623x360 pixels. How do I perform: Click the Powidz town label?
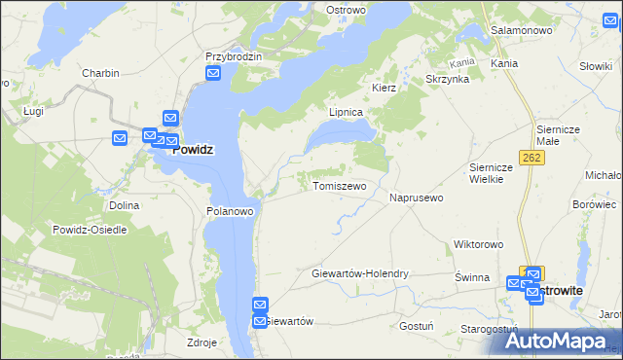click(x=193, y=150)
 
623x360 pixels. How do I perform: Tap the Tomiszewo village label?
click(x=339, y=186)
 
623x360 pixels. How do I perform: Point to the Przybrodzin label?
click(x=235, y=57)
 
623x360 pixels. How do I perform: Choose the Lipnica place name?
click(x=346, y=112)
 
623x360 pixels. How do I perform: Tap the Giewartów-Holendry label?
click(x=360, y=274)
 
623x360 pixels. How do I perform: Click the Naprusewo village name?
click(x=417, y=198)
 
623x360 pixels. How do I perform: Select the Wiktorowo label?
click(x=477, y=244)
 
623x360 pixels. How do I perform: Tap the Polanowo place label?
click(x=231, y=210)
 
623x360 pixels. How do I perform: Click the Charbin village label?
click(x=100, y=73)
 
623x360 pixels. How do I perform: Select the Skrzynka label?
click(x=448, y=79)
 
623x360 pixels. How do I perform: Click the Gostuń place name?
click(x=416, y=326)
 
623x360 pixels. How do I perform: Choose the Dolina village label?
click(x=124, y=205)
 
